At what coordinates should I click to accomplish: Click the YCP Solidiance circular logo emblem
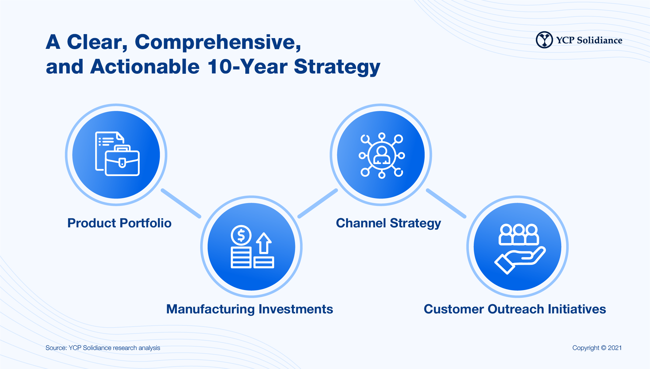544,40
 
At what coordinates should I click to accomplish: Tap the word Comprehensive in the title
218,42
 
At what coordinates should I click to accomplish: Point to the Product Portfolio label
119,223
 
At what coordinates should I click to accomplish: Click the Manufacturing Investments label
250,309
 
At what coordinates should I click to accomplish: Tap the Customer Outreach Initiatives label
515,309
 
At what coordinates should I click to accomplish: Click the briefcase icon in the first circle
122,160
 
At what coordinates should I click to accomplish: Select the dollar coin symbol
241,236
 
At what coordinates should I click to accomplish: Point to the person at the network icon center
382,155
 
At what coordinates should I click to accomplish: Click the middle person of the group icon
519,234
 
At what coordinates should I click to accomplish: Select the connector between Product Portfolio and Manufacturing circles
181,203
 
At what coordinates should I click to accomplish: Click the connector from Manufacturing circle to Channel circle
318,203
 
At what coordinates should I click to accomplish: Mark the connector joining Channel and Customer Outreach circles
446,203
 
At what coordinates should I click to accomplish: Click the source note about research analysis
103,348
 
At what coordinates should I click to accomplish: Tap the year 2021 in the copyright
615,348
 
